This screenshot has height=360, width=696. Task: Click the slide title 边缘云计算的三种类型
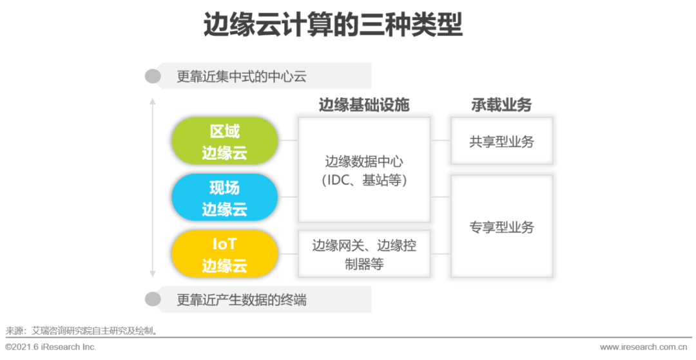point(333,26)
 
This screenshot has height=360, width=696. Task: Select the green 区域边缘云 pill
point(224,142)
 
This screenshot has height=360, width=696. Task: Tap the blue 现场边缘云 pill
point(224,198)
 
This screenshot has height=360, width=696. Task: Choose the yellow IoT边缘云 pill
point(224,254)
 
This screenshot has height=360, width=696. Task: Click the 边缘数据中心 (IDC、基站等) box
point(364,170)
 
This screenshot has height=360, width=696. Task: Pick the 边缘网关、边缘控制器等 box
point(364,254)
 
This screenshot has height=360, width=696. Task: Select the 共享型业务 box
point(501,141)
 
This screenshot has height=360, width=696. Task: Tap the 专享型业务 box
point(501,227)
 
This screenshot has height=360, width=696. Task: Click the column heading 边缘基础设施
point(364,105)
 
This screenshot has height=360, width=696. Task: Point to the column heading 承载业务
point(501,105)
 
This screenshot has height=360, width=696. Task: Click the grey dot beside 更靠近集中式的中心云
point(153,77)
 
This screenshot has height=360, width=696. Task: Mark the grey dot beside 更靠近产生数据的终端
point(153,299)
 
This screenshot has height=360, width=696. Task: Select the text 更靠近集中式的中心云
point(242,77)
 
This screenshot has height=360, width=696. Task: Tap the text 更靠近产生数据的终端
point(242,299)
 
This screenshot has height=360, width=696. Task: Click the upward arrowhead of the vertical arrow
point(153,100)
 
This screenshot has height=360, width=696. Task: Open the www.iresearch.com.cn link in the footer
point(645,347)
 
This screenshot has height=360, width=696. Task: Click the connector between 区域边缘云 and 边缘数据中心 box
point(288,140)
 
